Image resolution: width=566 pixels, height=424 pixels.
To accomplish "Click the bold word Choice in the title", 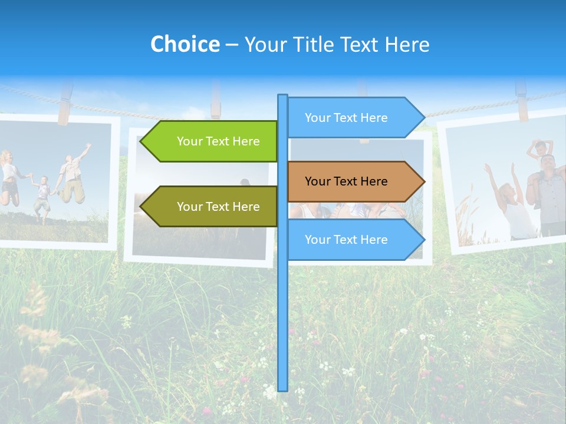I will click(x=185, y=44).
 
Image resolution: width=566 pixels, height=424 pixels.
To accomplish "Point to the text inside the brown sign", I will click(x=346, y=181).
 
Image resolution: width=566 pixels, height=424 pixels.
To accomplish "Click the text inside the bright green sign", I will click(x=218, y=141).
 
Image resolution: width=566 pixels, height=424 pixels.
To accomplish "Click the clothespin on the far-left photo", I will click(x=64, y=103).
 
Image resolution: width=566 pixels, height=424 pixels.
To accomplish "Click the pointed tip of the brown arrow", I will click(x=424, y=181).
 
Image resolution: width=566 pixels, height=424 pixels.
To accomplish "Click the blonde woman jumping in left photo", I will click(x=8, y=177).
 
